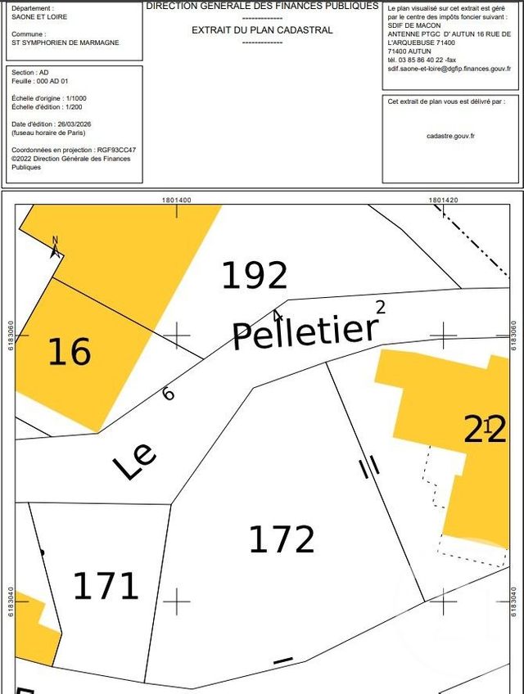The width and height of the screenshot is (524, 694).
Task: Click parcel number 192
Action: click(255, 276)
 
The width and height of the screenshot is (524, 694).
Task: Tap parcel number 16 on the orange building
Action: click(69, 352)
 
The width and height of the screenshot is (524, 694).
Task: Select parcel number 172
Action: click(282, 539)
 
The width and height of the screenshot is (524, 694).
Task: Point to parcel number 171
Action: click(106, 586)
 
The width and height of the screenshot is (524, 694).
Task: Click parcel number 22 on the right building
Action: click(486, 429)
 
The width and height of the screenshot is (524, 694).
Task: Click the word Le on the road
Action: click(134, 462)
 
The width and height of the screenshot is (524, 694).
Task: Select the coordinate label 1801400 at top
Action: click(176, 200)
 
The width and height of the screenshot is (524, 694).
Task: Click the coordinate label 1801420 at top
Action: click(443, 200)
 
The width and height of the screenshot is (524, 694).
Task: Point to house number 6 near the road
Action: click(169, 394)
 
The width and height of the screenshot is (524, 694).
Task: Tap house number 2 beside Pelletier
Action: click(379, 307)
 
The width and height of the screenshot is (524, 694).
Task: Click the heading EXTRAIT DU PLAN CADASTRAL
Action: click(262, 30)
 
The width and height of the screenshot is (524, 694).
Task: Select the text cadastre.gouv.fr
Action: click(450, 136)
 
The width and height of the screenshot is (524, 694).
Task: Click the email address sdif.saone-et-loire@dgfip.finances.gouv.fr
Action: click(449, 69)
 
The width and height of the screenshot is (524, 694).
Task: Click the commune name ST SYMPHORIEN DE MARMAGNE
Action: click(65, 43)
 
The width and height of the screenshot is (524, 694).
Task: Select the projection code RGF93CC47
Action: click(116, 150)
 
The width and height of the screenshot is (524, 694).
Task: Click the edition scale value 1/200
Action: click(75, 106)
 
